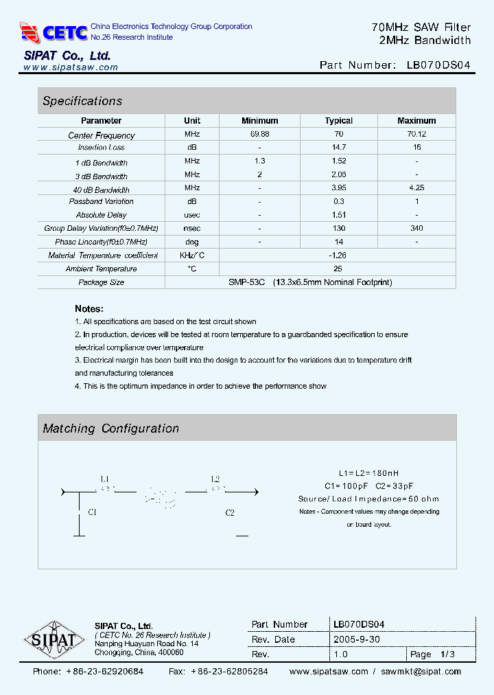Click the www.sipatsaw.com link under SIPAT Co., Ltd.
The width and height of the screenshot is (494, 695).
[71, 67]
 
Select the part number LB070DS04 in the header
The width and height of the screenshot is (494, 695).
[438, 65]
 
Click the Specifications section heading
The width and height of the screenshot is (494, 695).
[82, 101]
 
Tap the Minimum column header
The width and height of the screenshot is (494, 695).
[259, 120]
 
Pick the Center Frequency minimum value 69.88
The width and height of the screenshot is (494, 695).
[259, 135]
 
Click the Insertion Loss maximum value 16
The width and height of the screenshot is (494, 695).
[416, 148]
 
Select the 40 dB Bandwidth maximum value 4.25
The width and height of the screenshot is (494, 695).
[416, 188]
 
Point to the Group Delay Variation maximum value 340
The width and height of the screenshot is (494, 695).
[416, 228]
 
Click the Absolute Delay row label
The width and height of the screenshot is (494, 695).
[101, 215]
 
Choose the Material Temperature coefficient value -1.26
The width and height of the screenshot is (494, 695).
[338, 255]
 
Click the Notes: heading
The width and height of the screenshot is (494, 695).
[89, 309]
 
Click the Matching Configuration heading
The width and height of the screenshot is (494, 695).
[110, 429]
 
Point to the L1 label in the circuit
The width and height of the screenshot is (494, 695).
[105, 479]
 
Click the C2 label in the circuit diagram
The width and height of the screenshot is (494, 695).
[230, 512]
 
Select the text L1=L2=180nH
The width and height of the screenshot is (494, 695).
[368, 474]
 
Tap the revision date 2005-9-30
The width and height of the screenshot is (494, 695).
[357, 639]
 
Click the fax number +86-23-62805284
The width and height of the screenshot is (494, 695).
[229, 671]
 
